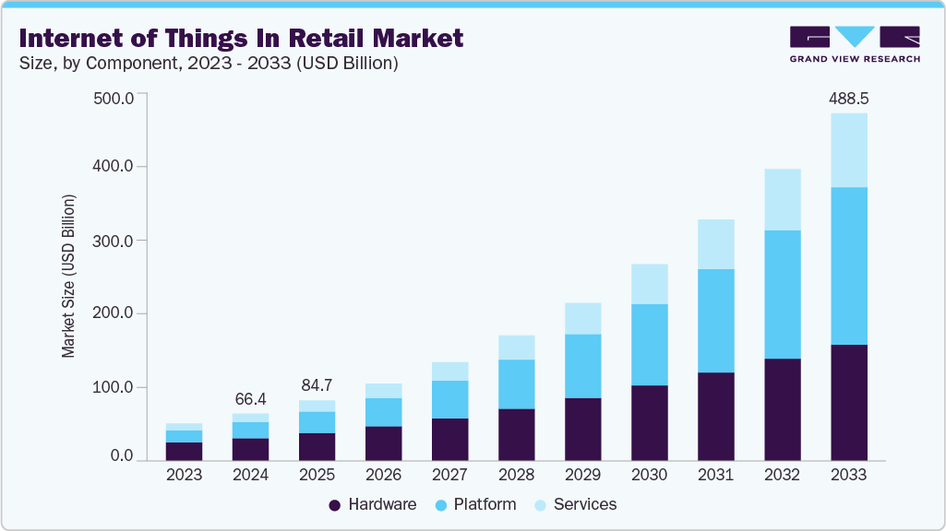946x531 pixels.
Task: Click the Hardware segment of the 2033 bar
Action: coord(848,402)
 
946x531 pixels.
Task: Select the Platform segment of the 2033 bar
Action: coord(848,265)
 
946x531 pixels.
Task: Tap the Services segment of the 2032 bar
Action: coord(782,199)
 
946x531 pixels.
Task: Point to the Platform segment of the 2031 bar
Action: coord(715,321)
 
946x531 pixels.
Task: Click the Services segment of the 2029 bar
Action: coord(582,318)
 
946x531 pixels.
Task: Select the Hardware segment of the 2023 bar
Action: coord(184,451)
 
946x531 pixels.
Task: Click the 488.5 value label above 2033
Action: coord(848,97)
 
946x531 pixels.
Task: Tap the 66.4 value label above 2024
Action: coord(250,398)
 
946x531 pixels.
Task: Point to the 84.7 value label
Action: coord(317,384)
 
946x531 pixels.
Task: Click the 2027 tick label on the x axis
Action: coord(449,475)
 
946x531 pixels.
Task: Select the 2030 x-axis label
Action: coord(649,475)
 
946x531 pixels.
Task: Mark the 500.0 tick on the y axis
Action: coord(115,98)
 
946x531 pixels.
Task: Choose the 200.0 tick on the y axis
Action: coord(115,313)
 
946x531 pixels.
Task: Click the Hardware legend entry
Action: coord(373,504)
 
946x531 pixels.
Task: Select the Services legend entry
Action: coord(577,504)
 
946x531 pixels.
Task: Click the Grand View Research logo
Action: coord(855,44)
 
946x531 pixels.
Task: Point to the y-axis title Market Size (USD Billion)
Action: coord(68,277)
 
